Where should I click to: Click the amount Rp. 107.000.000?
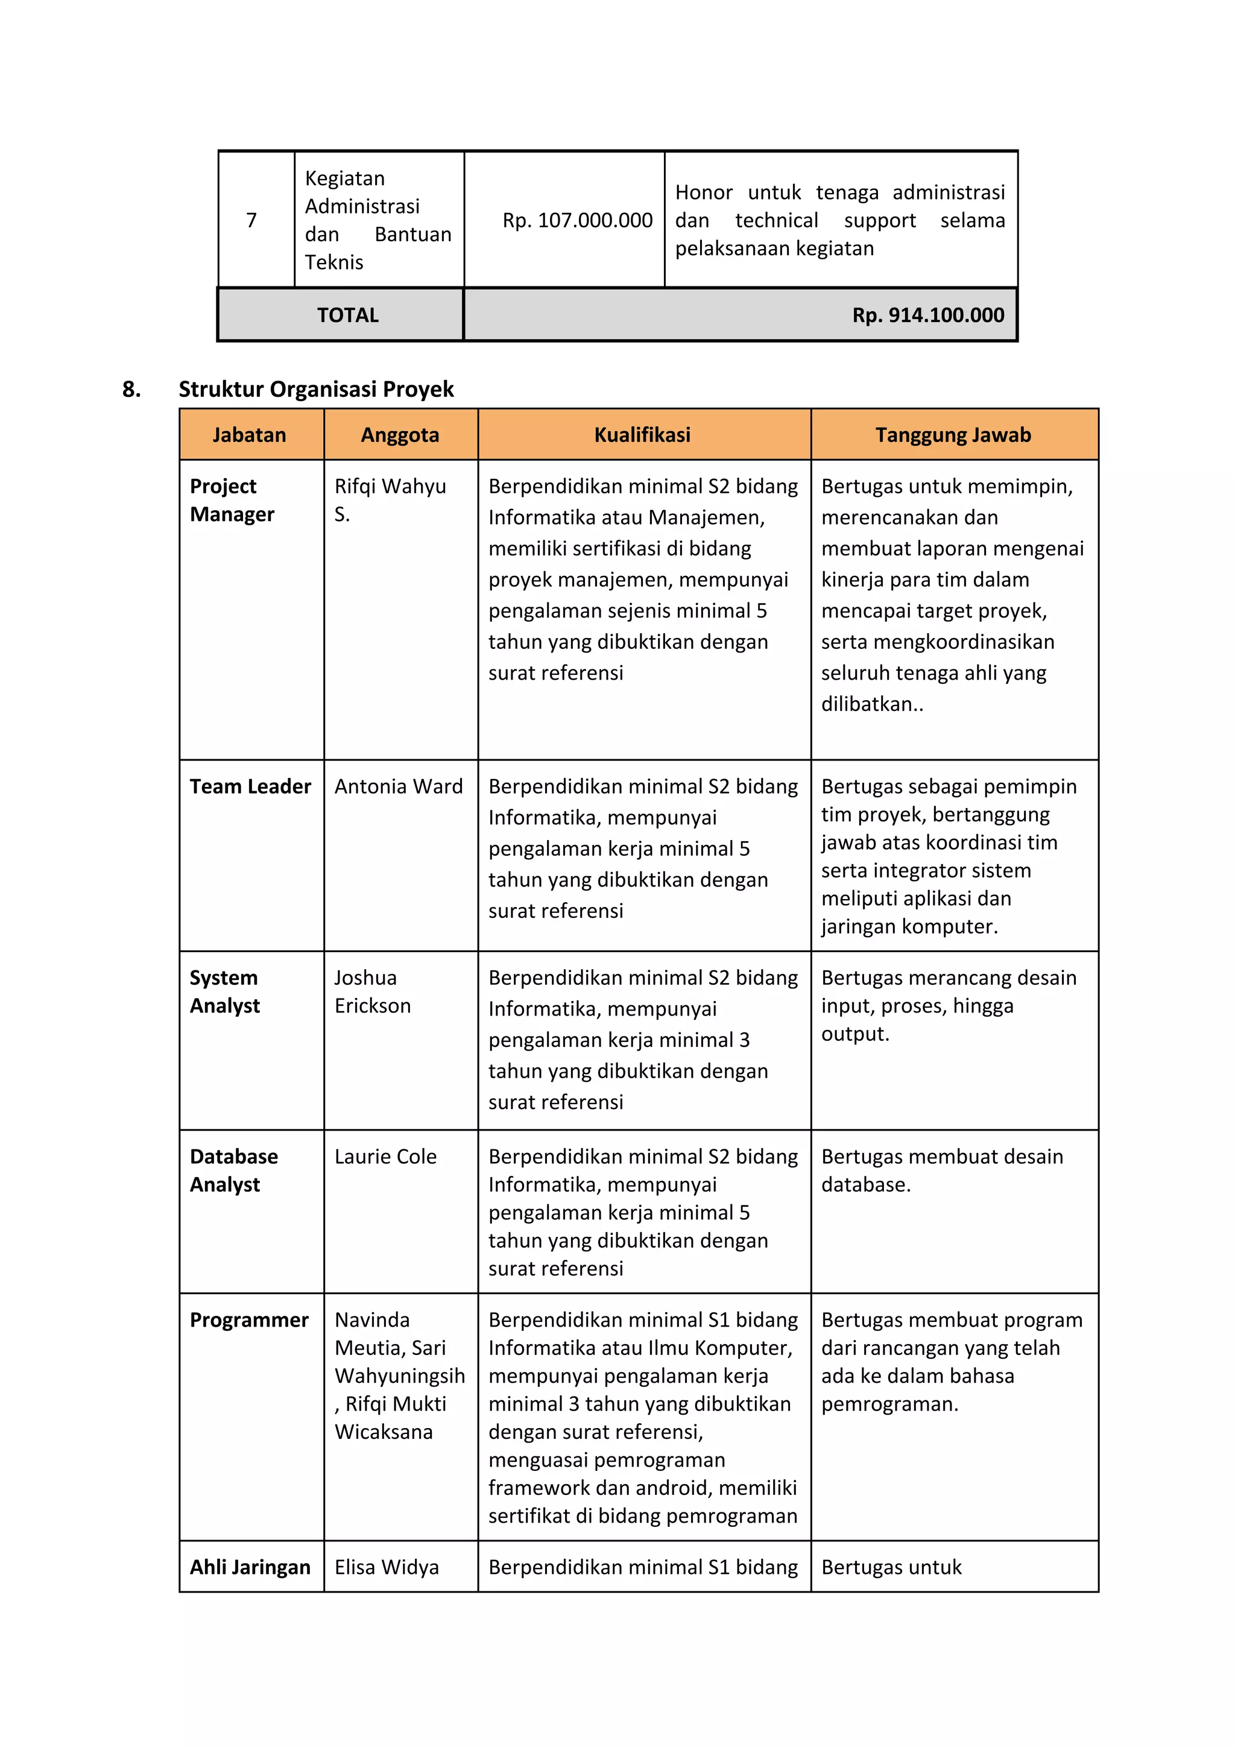[x=576, y=221]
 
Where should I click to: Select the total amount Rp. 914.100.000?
[x=927, y=315]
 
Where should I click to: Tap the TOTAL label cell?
[x=348, y=315]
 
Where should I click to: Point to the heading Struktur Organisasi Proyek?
[x=316, y=389]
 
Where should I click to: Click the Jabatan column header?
[x=250, y=435]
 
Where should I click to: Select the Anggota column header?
[x=400, y=435]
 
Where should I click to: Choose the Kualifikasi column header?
[x=642, y=435]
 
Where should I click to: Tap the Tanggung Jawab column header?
[x=953, y=435]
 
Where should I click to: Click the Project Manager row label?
[x=232, y=500]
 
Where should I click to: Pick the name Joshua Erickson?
[x=372, y=991]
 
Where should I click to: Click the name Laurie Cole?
[x=385, y=1157]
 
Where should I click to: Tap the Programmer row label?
[x=249, y=1320]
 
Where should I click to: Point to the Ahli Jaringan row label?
[x=250, y=1567]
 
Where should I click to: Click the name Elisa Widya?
[x=387, y=1567]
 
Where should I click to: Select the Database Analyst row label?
[x=233, y=1170]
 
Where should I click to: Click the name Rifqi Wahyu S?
[x=390, y=500]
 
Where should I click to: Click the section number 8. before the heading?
[x=131, y=389]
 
